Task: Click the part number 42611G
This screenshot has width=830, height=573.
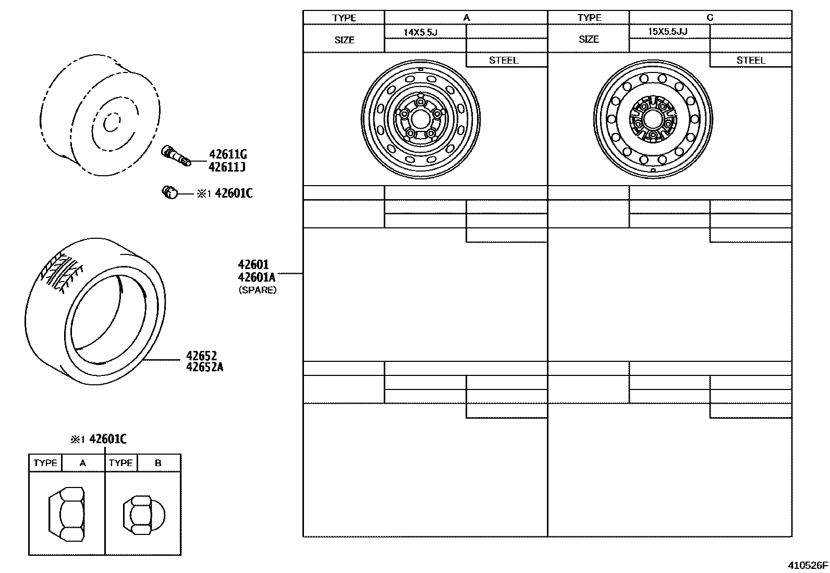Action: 228,154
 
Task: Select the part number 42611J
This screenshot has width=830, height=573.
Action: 227,167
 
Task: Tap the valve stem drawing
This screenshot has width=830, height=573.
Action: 176,156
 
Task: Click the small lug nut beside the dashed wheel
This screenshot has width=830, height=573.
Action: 170,193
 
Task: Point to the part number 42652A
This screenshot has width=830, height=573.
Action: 204,367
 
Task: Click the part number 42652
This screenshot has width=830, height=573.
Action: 202,356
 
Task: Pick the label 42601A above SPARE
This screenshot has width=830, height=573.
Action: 257,277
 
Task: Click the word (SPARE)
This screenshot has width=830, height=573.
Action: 258,290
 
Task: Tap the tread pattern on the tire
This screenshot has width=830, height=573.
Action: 61,272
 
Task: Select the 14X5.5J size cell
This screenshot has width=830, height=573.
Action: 421,32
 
